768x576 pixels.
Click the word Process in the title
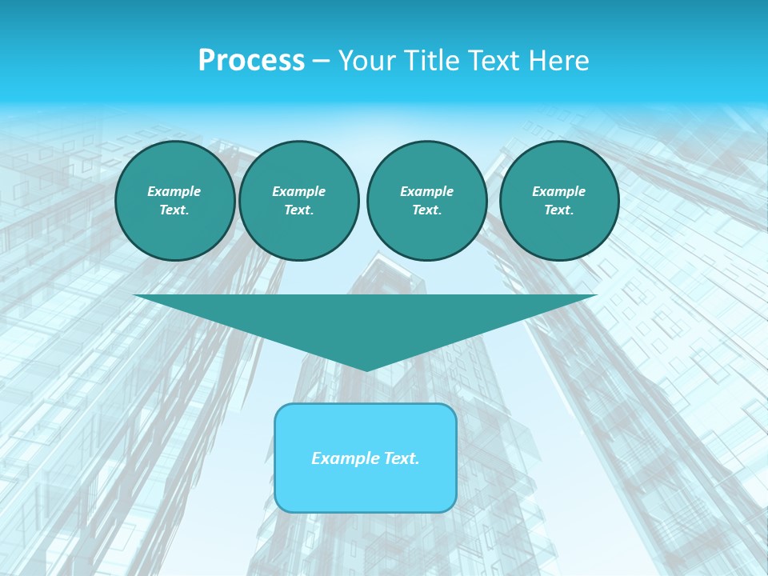click(x=251, y=61)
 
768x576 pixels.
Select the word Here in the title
click(x=560, y=61)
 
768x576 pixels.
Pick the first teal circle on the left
click(x=174, y=201)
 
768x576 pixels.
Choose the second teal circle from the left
click(x=298, y=201)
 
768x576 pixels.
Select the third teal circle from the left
click(x=426, y=201)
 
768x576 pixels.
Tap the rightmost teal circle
click(x=559, y=201)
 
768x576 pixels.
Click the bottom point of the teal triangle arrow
click(x=366, y=369)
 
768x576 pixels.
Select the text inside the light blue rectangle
click(x=366, y=458)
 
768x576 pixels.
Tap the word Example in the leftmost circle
click(x=174, y=191)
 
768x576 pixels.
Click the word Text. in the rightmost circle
click(x=559, y=210)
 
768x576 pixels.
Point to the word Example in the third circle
click(x=426, y=191)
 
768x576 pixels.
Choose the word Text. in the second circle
click(x=298, y=210)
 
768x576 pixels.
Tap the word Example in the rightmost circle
click(x=559, y=191)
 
